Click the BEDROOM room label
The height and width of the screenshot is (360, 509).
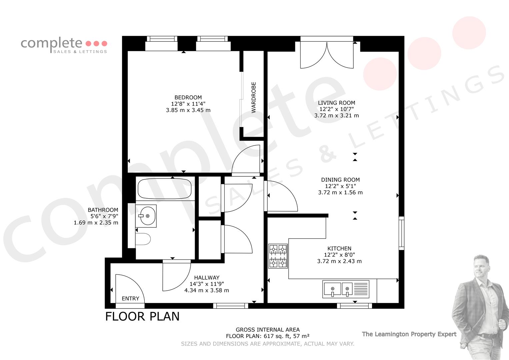(x=188, y=97)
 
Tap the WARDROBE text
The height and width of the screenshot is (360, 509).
(x=254, y=97)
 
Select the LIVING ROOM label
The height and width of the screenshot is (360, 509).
(x=336, y=103)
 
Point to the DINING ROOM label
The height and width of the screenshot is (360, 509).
(x=340, y=180)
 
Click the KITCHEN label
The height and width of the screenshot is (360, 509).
(x=339, y=248)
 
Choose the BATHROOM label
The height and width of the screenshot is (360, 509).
(x=103, y=210)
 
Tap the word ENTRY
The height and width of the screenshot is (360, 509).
(x=130, y=298)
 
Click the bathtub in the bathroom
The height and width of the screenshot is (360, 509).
(x=165, y=189)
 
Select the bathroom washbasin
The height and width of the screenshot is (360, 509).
(x=146, y=216)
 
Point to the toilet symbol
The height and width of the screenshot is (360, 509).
(x=143, y=239)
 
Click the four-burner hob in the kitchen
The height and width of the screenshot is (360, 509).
(x=278, y=256)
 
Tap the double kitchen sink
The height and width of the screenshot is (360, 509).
(x=346, y=289)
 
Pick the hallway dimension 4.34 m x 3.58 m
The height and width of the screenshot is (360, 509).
(x=207, y=290)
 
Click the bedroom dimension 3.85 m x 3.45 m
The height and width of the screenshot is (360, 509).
(x=188, y=110)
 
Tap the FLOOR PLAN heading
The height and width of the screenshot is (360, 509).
(x=142, y=316)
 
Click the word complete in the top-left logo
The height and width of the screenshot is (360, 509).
(x=51, y=43)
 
